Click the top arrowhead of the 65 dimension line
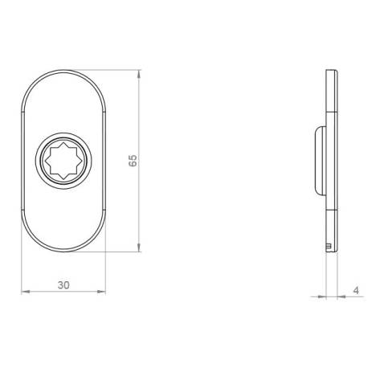[141, 74]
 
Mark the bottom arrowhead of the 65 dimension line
[141, 247]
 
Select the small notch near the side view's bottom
[329, 241]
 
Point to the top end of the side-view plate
[329, 72]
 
